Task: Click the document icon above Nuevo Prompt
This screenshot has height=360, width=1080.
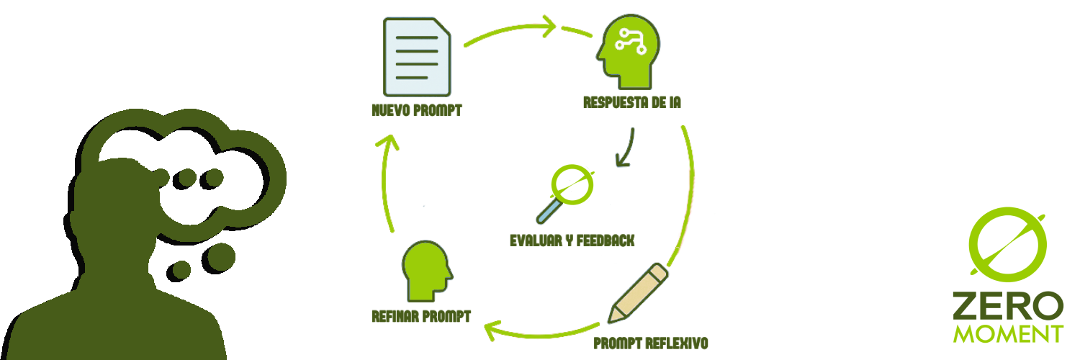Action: pyautogui.click(x=417, y=58)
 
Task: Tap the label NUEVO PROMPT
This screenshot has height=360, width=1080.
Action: pyautogui.click(x=416, y=112)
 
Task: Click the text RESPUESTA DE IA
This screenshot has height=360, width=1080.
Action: pyautogui.click(x=632, y=103)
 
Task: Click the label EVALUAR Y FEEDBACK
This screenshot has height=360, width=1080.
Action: pyautogui.click(x=572, y=240)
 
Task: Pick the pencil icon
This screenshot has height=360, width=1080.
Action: pyautogui.click(x=638, y=293)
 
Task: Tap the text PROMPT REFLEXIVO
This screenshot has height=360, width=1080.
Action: pyautogui.click(x=651, y=343)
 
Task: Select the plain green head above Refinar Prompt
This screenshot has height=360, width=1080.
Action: pyautogui.click(x=426, y=271)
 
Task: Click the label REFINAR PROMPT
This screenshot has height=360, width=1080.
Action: pyautogui.click(x=421, y=316)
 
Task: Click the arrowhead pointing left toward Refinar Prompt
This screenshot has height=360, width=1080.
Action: pyautogui.click(x=493, y=330)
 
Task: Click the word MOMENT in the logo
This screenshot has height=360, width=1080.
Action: pyautogui.click(x=1007, y=333)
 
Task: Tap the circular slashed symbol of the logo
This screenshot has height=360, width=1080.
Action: pyautogui.click(x=1007, y=246)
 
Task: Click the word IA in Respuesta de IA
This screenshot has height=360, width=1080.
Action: pyautogui.click(x=673, y=103)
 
